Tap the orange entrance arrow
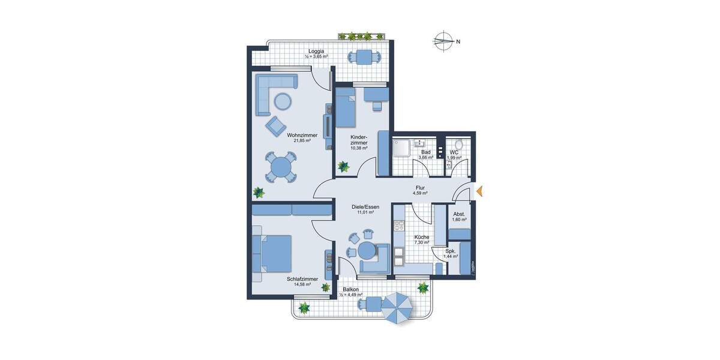point(479,191)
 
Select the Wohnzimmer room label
point(302,138)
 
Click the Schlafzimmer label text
point(302,281)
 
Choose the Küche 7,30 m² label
point(422,240)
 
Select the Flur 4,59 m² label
point(420,190)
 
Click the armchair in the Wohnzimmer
point(276,125)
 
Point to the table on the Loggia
point(364,57)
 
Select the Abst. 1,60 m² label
point(459,217)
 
